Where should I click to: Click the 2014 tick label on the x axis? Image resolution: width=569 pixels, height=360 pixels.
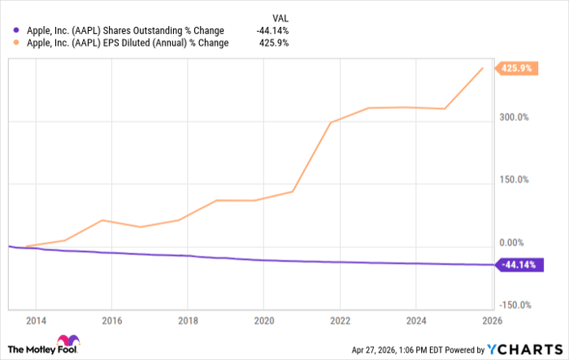[x=35, y=320]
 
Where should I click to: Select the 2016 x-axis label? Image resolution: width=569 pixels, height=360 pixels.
[x=111, y=320]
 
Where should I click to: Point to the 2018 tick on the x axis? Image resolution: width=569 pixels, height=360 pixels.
[x=188, y=320]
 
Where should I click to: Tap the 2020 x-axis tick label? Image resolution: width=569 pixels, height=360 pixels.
[x=264, y=320]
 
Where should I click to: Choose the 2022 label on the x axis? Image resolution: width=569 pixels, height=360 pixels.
[x=341, y=320]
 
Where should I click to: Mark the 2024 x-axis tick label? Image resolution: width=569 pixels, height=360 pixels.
[x=417, y=320]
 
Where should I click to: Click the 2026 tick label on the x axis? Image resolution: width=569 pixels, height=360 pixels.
[x=493, y=320]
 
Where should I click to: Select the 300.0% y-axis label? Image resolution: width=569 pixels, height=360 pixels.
[x=515, y=118]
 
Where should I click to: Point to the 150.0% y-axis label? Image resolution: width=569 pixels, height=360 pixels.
[x=515, y=180]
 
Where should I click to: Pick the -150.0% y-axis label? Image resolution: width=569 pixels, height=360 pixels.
[x=514, y=306]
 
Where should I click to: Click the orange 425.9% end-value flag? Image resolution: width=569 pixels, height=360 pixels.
[x=516, y=68]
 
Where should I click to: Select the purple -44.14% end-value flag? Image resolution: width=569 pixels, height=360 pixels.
[x=518, y=264]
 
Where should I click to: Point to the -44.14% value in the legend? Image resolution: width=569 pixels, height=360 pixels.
[x=273, y=31]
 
